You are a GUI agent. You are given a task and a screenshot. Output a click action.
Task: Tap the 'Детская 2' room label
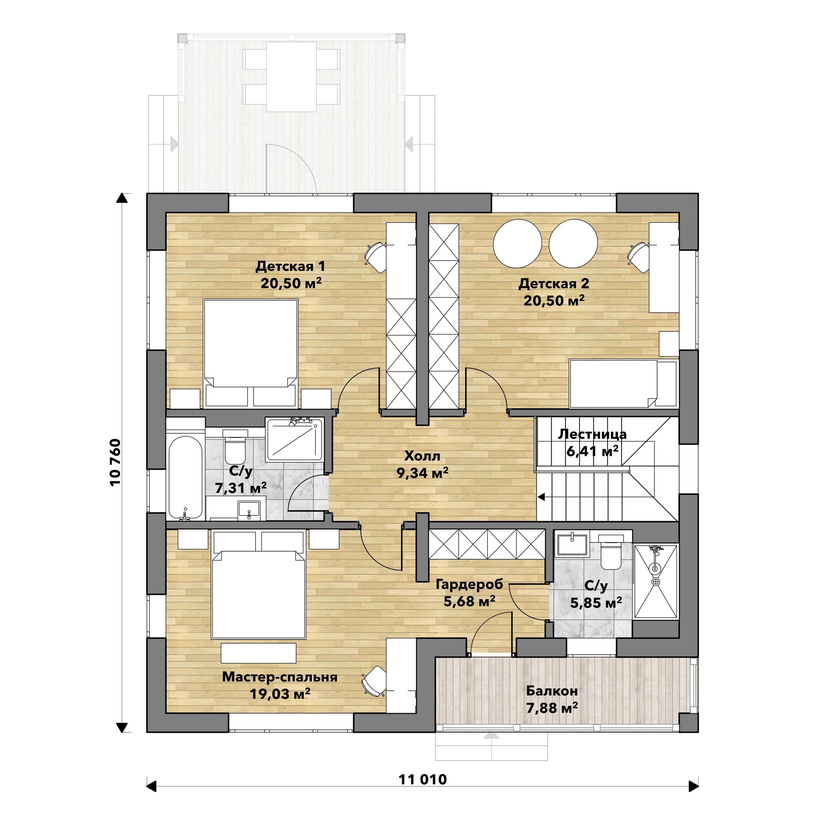[x=554, y=284]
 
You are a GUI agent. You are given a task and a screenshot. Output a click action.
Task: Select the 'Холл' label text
[x=422, y=456]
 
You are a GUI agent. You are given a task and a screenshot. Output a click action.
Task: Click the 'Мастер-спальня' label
[x=280, y=677]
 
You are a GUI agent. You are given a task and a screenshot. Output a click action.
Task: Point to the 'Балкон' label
[x=552, y=691]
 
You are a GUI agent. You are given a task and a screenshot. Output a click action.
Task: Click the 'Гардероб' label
[x=469, y=584]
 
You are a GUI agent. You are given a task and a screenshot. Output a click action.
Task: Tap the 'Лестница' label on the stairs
[x=592, y=434]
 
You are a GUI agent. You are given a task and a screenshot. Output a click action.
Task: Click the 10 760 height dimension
[x=115, y=462]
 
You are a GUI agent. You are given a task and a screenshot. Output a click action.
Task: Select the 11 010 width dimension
[x=423, y=780]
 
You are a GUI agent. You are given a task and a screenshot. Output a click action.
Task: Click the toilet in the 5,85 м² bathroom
[x=611, y=552]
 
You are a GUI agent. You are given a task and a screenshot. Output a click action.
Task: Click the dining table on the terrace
[x=291, y=77]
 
